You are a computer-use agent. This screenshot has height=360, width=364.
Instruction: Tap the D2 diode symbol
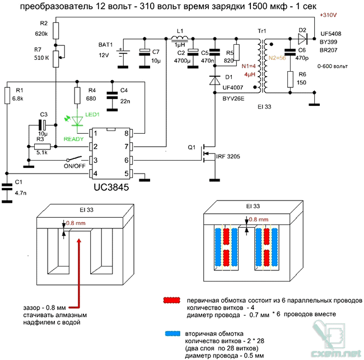[302, 39]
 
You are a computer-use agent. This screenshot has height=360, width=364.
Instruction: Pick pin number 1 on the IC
[96, 134]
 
